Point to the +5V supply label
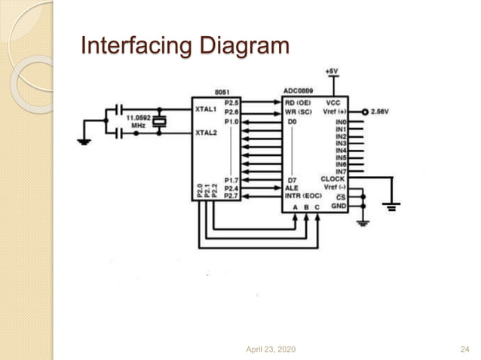[332, 70]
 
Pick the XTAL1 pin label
[206, 109]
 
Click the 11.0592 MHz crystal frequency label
[138, 121]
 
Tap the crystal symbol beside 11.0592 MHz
[159, 122]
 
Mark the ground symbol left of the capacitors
[84, 140]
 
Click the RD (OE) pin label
[298, 102]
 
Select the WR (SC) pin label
[298, 111]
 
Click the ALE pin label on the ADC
[292, 188]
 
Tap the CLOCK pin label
[332, 178]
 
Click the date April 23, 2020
[271, 349]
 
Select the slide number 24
[464, 349]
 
